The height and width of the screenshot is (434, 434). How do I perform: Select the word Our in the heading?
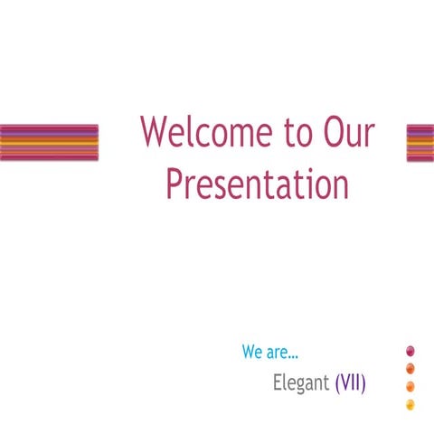point(349,133)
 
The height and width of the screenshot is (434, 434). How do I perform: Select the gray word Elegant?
point(301,382)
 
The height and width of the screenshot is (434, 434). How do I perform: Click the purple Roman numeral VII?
point(350,382)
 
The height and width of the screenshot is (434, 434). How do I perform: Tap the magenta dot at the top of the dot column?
point(410,351)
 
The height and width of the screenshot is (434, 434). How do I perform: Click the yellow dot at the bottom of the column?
point(410,403)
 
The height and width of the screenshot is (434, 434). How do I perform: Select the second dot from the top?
point(410,368)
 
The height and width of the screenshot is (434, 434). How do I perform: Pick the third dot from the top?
point(410,386)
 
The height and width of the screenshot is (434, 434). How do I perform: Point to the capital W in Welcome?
point(154,133)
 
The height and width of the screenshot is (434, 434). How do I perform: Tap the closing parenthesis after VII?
point(363,382)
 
